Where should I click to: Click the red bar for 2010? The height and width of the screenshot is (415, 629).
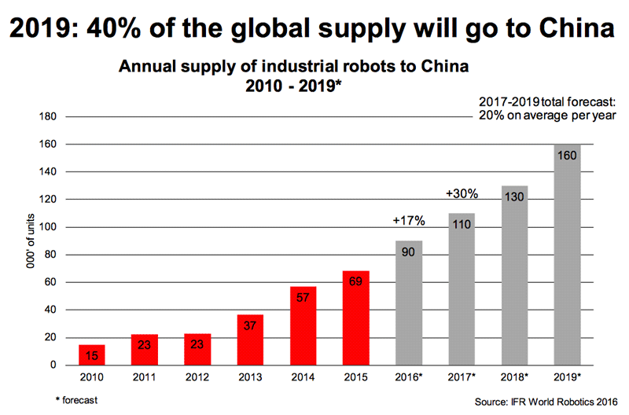(92, 355)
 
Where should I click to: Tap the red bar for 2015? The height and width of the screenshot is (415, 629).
(356, 318)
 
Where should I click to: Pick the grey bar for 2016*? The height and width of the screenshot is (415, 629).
(409, 303)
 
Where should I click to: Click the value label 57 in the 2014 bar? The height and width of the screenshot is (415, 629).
(303, 296)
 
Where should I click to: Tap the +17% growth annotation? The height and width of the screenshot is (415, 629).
(408, 222)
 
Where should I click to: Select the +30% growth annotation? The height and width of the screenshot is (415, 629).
(462, 194)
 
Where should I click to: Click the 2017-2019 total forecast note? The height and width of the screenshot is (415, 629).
(547, 108)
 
